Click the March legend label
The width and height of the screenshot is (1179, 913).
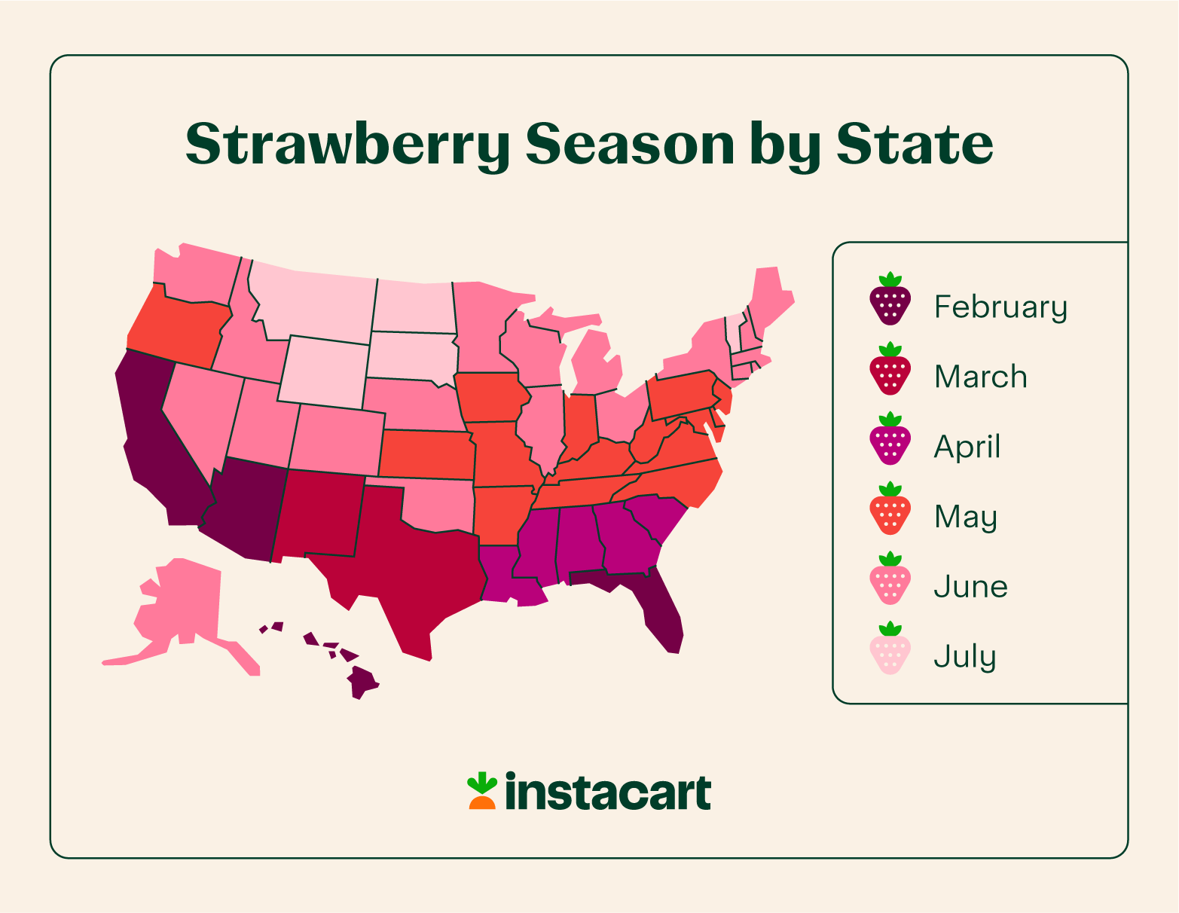click(x=980, y=377)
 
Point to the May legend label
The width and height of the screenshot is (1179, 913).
click(x=965, y=517)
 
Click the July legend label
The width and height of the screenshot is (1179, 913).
click(x=964, y=657)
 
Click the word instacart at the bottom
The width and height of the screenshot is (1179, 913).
click(x=607, y=792)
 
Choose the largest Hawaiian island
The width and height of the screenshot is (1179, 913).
click(x=362, y=681)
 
